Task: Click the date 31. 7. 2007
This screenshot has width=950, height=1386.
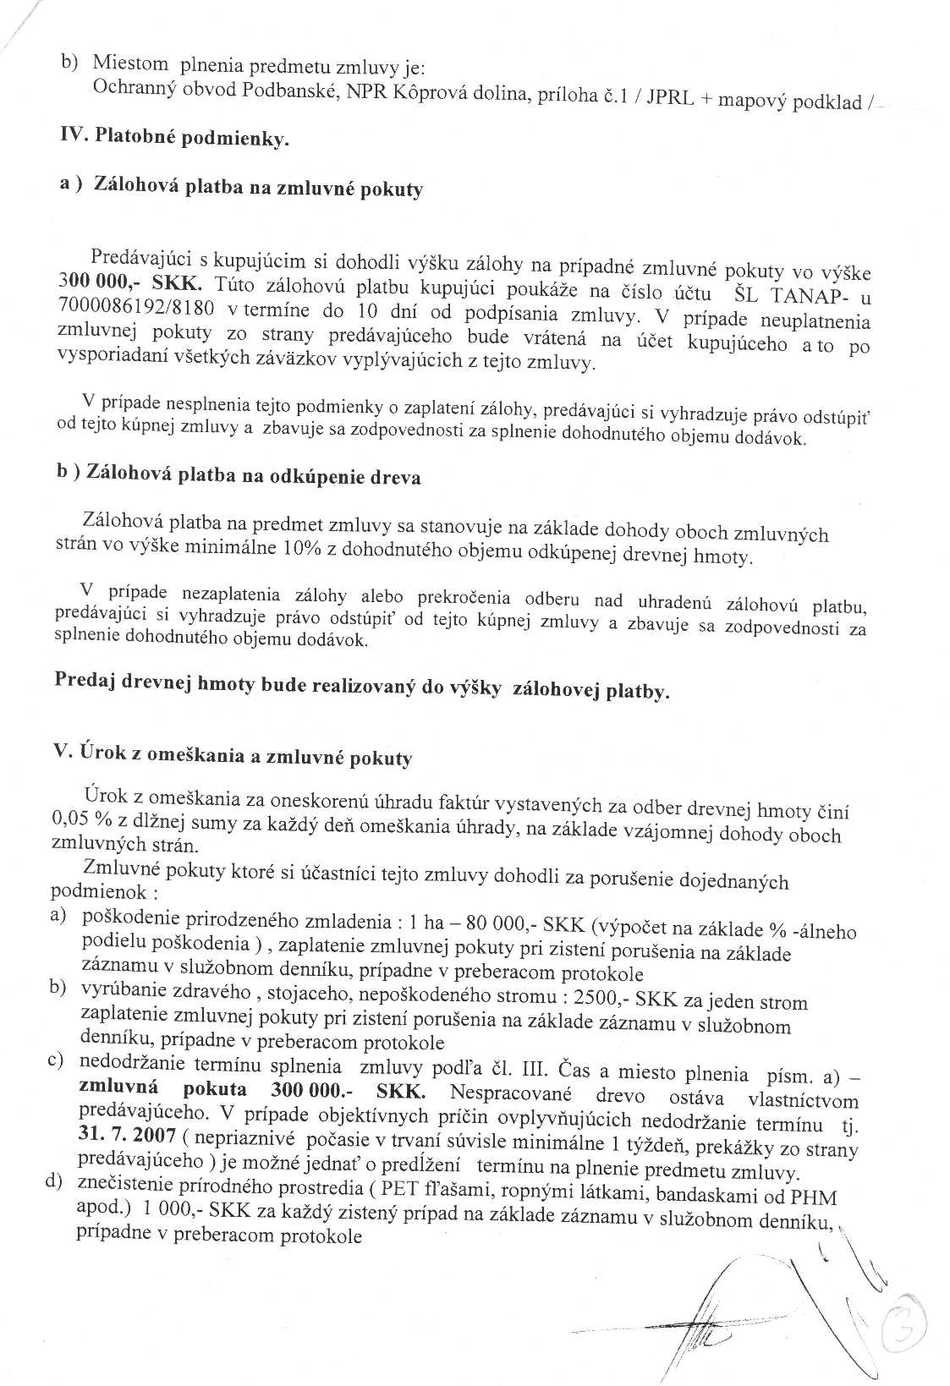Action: coord(124,1135)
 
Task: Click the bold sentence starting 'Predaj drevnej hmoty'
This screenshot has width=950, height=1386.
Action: coord(361,688)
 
